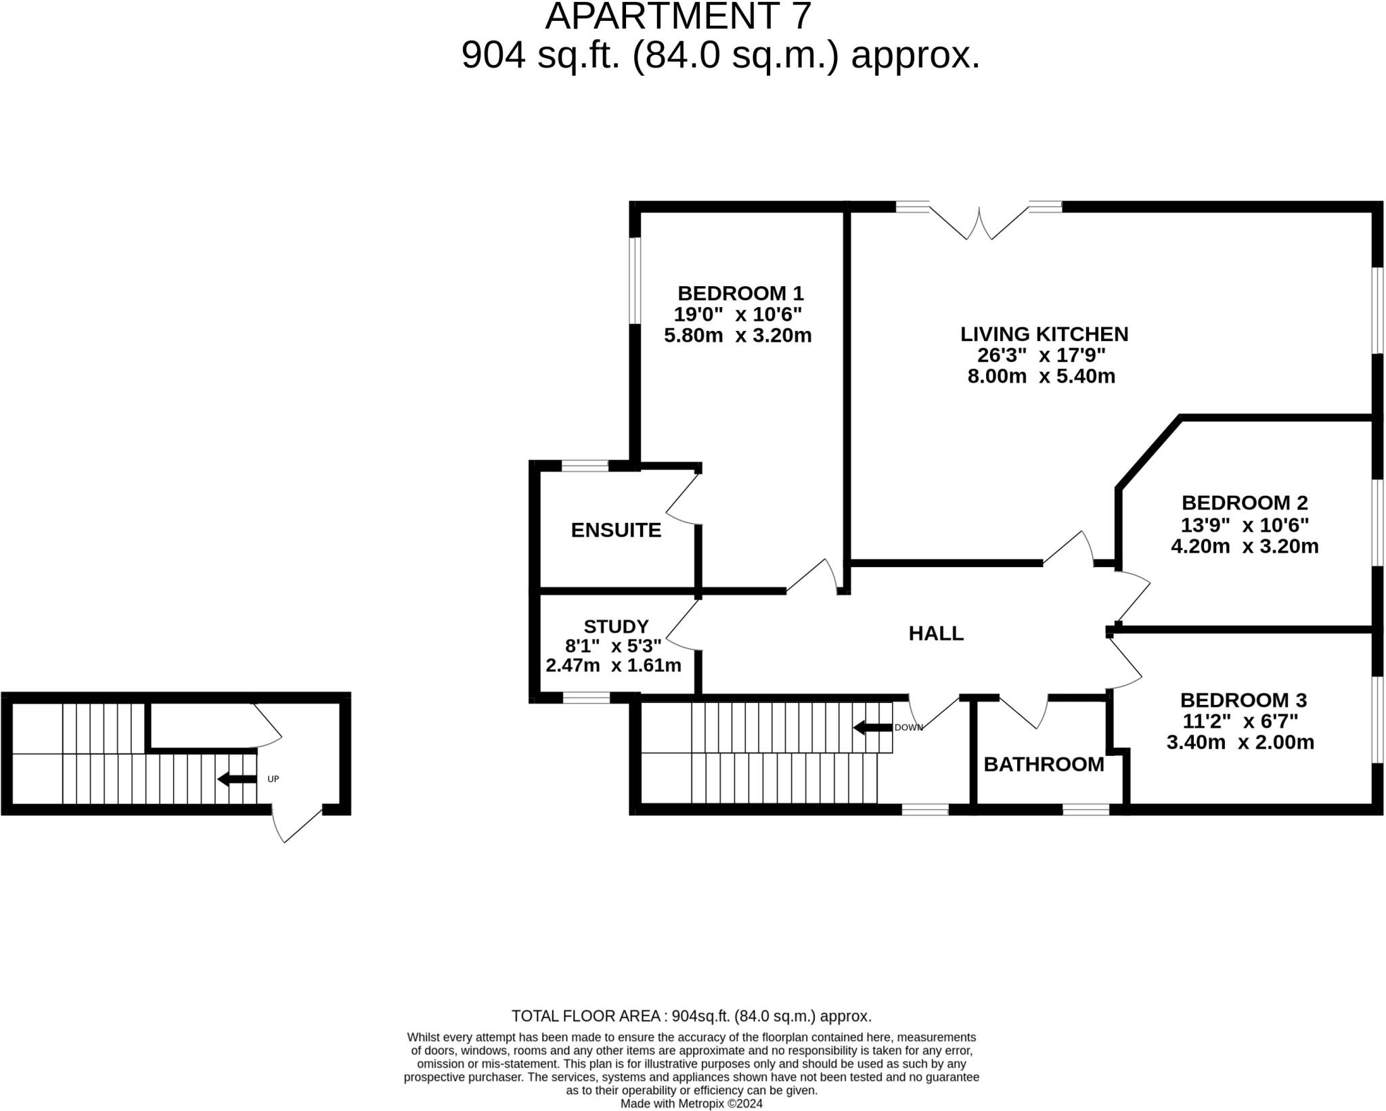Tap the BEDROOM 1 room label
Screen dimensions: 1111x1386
pyautogui.click(x=740, y=294)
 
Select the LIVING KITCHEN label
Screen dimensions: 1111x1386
pyautogui.click(x=1044, y=334)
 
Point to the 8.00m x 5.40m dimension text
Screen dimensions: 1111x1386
pyautogui.click(x=1041, y=376)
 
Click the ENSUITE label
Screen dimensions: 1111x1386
pyautogui.click(x=616, y=530)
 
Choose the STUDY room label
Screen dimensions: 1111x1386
pyautogui.click(x=616, y=626)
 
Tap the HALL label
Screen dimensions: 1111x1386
pyautogui.click(x=935, y=633)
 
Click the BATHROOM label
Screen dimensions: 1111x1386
pyautogui.click(x=1043, y=765)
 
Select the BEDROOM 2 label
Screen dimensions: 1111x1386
pyautogui.click(x=1245, y=503)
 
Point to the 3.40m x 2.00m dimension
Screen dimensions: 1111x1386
pyautogui.click(x=1240, y=742)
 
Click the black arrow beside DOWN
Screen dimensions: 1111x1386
pyautogui.click(x=872, y=728)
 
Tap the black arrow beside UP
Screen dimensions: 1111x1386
pyautogui.click(x=236, y=779)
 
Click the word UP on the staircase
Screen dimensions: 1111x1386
pyautogui.click(x=273, y=779)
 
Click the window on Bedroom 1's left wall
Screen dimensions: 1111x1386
pyautogui.click(x=634, y=280)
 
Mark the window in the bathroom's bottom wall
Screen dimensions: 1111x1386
pyautogui.click(x=1085, y=809)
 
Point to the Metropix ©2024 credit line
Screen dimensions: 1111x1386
pyautogui.click(x=692, y=1104)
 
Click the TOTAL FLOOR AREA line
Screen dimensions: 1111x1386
pyautogui.click(x=691, y=1016)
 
